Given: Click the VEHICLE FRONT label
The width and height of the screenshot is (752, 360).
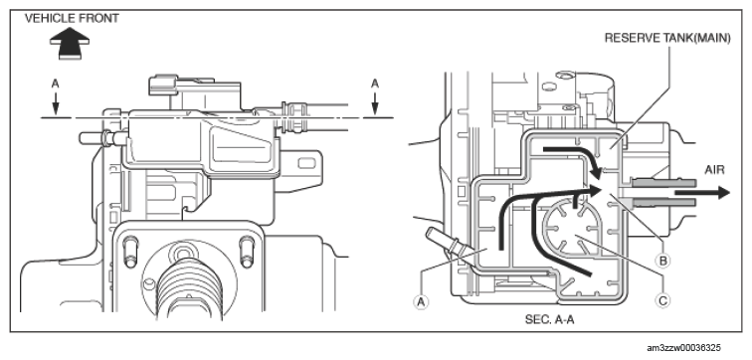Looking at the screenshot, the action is [72, 19].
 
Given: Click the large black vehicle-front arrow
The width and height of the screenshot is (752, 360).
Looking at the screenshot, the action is [70, 43].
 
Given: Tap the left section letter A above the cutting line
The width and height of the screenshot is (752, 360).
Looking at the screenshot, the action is [55, 84].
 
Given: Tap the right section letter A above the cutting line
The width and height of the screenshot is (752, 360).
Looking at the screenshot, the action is [375, 84].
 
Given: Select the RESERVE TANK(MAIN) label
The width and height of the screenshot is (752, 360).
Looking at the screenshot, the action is [667, 39].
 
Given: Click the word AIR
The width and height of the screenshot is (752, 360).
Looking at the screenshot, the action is [714, 170].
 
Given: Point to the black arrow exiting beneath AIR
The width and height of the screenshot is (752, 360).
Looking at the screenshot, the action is [702, 193].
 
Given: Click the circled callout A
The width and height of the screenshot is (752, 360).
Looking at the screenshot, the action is [421, 301].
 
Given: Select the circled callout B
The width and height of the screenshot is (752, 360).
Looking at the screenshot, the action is [663, 261].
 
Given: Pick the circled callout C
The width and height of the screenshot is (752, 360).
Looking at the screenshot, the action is [662, 300].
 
